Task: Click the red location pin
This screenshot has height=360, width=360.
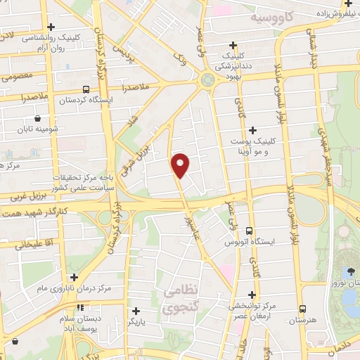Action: [181, 165]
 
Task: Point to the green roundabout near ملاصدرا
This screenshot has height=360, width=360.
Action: [207, 80]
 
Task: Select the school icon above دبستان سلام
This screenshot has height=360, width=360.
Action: [81, 307]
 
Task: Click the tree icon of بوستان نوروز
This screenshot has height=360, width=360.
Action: [349, 271]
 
